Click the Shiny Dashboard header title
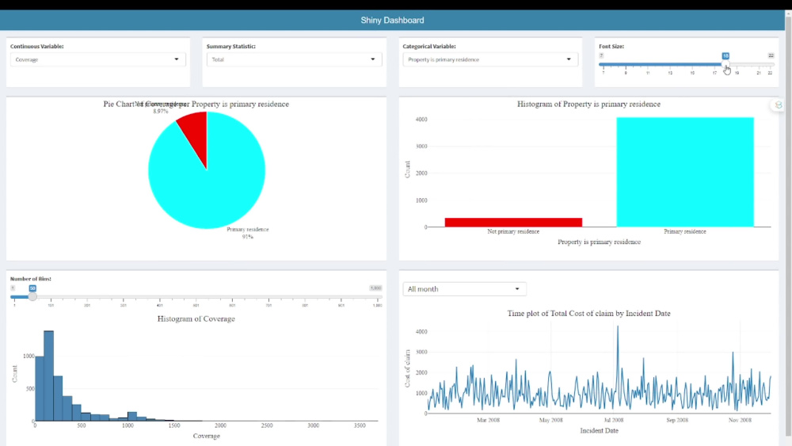[x=392, y=21]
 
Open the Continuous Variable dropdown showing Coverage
[x=98, y=59]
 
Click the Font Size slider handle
[x=725, y=64]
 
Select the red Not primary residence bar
[x=513, y=222]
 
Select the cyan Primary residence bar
[x=685, y=172]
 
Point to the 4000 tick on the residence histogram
[x=421, y=120]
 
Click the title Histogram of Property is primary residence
[x=588, y=104]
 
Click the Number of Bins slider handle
[x=32, y=296]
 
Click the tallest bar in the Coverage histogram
[x=49, y=376]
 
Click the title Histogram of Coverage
[x=196, y=318]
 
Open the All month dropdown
[x=464, y=289]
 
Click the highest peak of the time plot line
[x=618, y=327]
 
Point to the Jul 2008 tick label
[x=613, y=421]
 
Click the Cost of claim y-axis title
[x=409, y=368]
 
